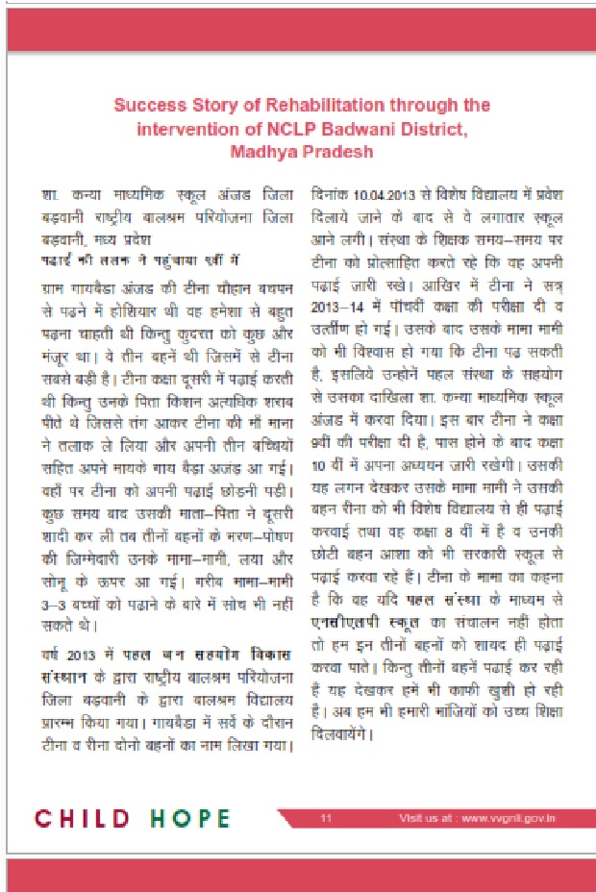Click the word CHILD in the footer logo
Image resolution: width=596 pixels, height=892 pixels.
point(82,819)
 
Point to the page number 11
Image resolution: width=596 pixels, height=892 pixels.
point(327,818)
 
